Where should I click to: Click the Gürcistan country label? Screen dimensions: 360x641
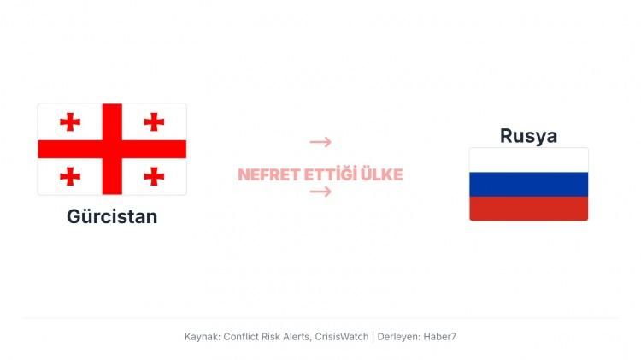pos(112,216)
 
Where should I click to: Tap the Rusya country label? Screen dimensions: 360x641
pos(528,135)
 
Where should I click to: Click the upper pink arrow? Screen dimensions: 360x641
pos(320,142)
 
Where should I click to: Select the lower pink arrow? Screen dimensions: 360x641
pos(320,192)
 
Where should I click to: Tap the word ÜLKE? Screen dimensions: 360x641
pos(382,175)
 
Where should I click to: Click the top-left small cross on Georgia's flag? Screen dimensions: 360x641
pos(70,121)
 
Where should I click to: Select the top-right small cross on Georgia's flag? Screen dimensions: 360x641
pos(154,121)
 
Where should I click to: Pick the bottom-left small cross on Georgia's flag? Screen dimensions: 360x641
pos(70,176)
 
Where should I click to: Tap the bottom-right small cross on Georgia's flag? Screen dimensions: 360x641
pos(154,176)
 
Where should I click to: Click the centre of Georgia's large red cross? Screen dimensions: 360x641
pos(112,149)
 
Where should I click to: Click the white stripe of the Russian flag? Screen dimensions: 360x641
pos(528,160)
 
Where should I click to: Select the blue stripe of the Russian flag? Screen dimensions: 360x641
pos(528,184)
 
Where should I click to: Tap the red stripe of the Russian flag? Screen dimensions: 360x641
pos(528,208)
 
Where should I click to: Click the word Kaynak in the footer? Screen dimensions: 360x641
pos(201,337)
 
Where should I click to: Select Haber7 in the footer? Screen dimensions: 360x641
pos(440,337)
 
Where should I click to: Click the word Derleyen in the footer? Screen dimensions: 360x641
pos(397,337)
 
